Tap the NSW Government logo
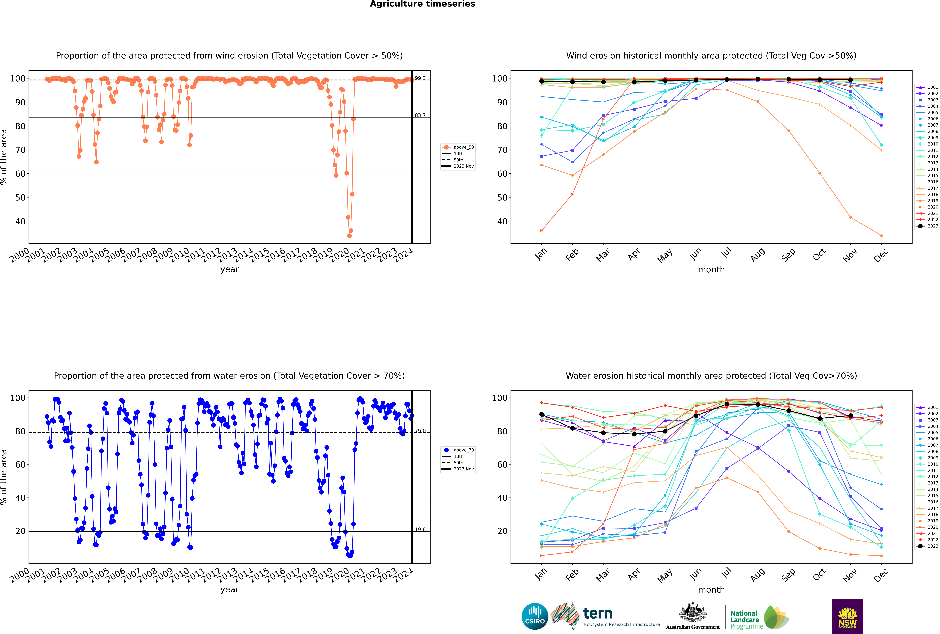847,616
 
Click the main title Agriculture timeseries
422,4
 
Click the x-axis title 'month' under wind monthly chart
711,270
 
